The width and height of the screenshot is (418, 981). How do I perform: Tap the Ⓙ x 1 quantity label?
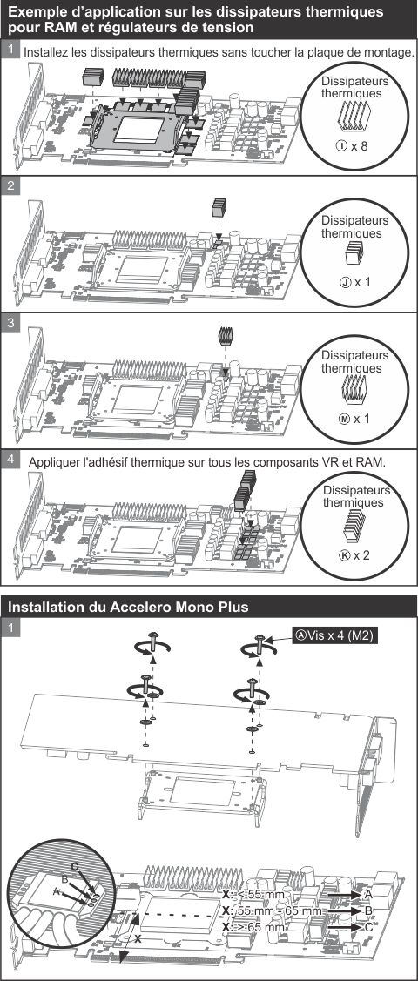point(354,282)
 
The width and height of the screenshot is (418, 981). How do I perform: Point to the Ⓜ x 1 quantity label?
point(354,419)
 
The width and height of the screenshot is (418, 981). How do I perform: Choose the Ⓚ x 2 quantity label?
point(354,554)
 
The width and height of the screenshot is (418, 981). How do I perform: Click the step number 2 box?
point(10,185)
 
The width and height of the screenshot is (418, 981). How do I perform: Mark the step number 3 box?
point(10,322)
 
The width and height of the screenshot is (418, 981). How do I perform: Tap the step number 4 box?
point(10,458)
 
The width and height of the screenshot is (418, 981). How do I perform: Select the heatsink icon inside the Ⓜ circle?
point(351,389)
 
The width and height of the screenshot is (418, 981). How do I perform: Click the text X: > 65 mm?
point(253,927)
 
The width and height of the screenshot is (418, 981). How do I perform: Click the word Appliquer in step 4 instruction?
point(59,461)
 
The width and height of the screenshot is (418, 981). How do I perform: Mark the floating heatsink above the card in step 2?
point(219,208)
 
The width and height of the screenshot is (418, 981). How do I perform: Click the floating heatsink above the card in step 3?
point(225,336)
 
